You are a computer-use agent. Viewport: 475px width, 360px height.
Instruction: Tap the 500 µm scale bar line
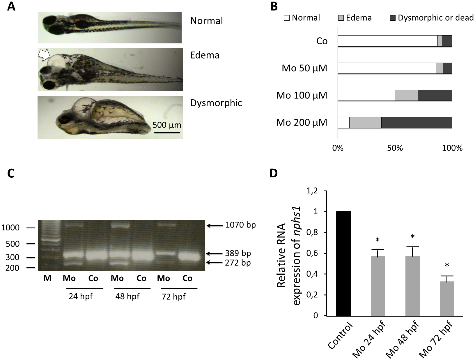click(x=167, y=132)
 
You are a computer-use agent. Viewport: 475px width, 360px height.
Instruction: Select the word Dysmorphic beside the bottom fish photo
click(x=216, y=103)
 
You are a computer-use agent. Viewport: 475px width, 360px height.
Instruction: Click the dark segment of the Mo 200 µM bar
click(x=416, y=123)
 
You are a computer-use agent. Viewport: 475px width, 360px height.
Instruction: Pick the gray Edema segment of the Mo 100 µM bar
click(x=406, y=96)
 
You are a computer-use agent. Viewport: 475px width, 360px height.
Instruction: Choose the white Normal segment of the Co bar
click(x=387, y=41)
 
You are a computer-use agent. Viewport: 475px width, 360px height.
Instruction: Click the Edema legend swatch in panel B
click(x=341, y=18)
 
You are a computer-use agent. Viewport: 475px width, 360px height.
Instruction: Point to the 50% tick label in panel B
click(x=395, y=148)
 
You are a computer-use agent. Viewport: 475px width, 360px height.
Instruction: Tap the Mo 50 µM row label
click(x=304, y=68)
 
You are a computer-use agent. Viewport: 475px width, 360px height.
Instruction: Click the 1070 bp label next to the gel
click(x=240, y=225)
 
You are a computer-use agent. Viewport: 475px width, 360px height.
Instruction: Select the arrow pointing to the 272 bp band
click(x=215, y=262)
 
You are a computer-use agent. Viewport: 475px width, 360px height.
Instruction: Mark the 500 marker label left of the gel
click(x=13, y=244)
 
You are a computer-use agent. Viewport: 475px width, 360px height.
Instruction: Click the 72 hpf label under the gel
click(x=173, y=297)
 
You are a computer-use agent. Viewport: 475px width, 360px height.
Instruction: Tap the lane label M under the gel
click(x=47, y=278)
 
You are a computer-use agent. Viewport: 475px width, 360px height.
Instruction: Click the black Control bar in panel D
click(x=343, y=264)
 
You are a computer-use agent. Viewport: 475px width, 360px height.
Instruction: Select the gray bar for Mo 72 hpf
click(x=447, y=299)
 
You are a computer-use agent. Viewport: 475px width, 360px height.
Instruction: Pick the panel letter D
click(x=274, y=173)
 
